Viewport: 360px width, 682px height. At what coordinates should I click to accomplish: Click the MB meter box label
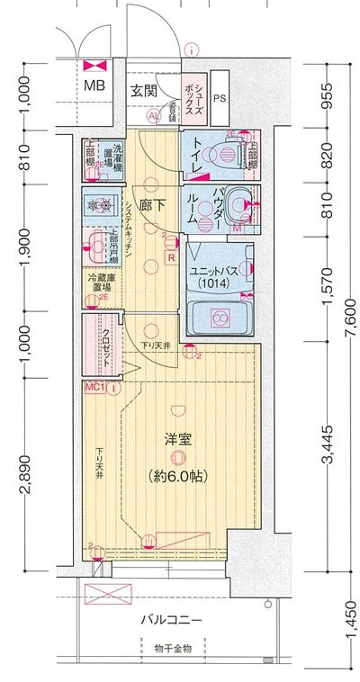[94, 86]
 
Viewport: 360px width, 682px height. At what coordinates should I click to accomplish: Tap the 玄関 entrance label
[143, 90]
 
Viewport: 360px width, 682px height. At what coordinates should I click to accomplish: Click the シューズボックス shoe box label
[193, 96]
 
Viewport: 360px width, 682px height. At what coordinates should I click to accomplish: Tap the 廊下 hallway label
[150, 204]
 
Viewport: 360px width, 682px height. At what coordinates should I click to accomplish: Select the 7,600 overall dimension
[350, 315]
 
